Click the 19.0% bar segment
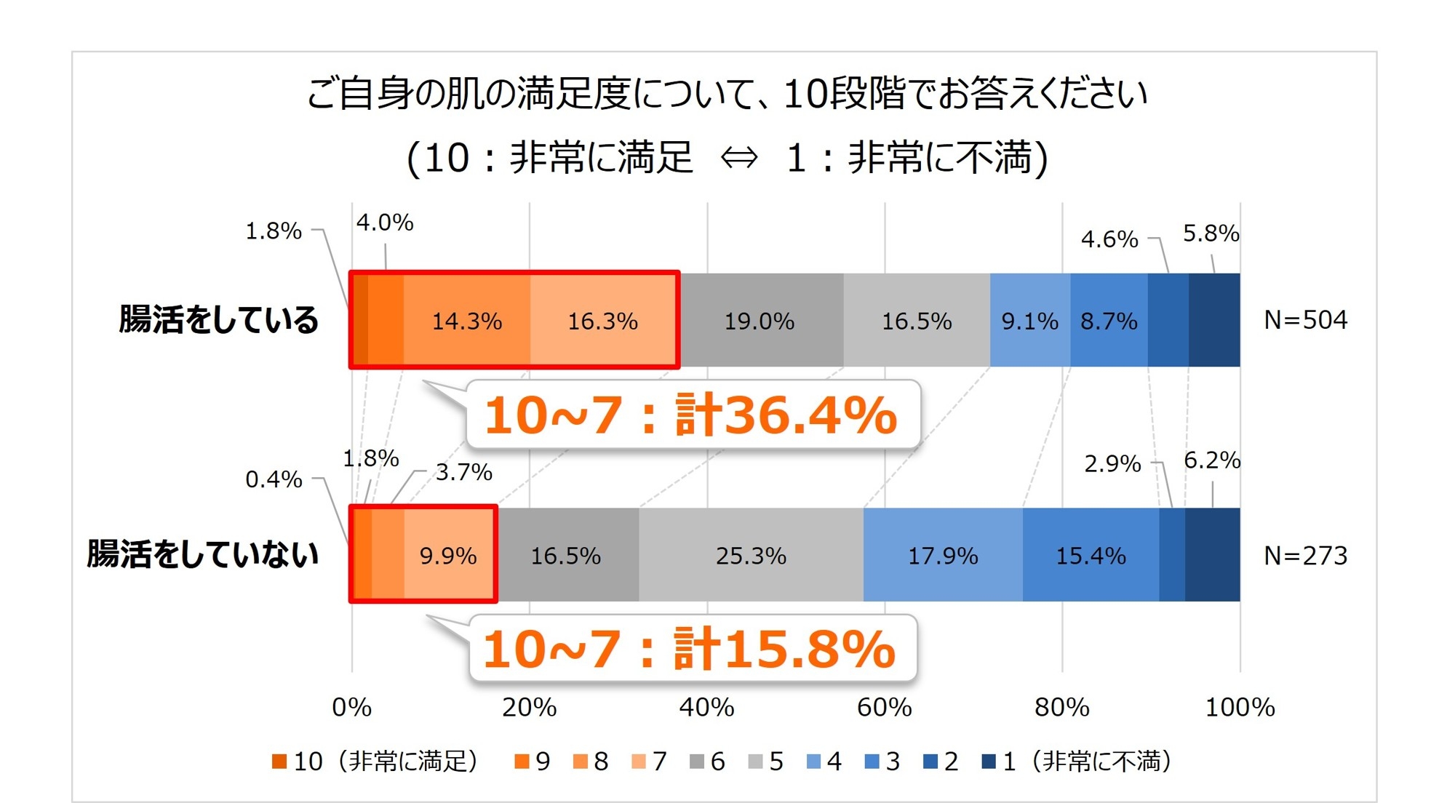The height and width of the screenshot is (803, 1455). coord(760,321)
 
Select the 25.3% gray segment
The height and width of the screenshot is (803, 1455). coord(751,556)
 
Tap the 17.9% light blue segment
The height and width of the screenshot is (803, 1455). coord(943,556)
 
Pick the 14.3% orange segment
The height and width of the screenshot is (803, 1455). coord(467,321)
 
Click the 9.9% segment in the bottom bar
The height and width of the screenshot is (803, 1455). coord(449,556)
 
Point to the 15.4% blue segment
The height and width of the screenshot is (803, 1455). coord(1091,556)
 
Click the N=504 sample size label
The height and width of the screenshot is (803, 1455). coord(1305,320)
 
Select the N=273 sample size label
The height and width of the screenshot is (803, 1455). coord(1305,556)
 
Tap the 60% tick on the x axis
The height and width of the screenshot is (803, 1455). coord(884,707)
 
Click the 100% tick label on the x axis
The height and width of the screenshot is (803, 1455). coord(1240,707)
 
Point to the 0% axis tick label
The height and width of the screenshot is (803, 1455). coord(352,707)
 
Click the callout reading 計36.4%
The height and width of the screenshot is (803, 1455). coord(692,415)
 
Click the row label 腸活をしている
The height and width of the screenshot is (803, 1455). coord(219,320)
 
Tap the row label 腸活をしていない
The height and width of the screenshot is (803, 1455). coord(203,554)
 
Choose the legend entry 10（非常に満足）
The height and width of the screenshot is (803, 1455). coord(375,762)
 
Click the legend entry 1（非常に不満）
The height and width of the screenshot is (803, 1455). coord(1077,762)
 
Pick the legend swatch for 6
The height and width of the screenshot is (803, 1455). coord(697,762)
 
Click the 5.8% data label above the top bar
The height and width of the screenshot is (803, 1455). coord(1211,233)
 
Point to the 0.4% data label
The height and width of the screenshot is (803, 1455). coord(274,479)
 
